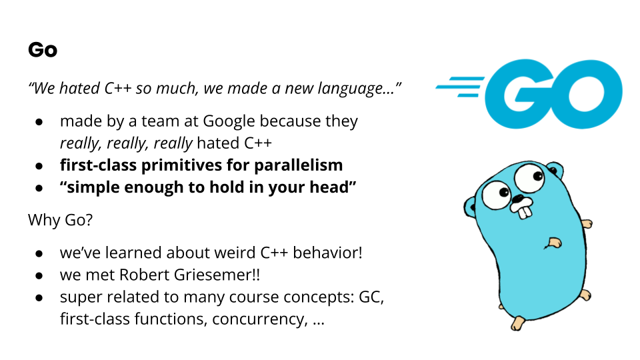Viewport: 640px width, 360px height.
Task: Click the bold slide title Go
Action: pyautogui.click(x=43, y=50)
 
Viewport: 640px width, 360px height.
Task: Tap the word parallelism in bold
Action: pyautogui.click(x=299, y=165)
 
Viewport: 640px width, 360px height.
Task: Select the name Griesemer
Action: pyautogui.click(x=212, y=275)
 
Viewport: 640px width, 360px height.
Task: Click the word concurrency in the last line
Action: pyautogui.click(x=259, y=319)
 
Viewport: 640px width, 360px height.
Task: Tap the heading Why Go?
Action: pyautogui.click(x=61, y=220)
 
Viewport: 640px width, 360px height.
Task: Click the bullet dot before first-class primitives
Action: pyautogui.click(x=39, y=166)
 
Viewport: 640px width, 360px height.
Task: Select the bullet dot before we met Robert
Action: pyautogui.click(x=39, y=276)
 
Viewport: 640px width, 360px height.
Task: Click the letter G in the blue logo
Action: pyautogui.click(x=519, y=94)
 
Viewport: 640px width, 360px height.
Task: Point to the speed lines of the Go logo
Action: pyautogui.click(x=460, y=87)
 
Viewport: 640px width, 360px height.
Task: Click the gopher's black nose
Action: pyautogui.click(x=518, y=199)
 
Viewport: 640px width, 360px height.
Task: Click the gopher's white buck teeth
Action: pyautogui.click(x=523, y=208)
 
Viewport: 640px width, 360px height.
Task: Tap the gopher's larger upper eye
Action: pyautogui.click(x=529, y=177)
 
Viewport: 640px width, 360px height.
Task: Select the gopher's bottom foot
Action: pyautogui.click(x=517, y=323)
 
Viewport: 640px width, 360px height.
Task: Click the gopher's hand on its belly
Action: pyautogui.click(x=553, y=243)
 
